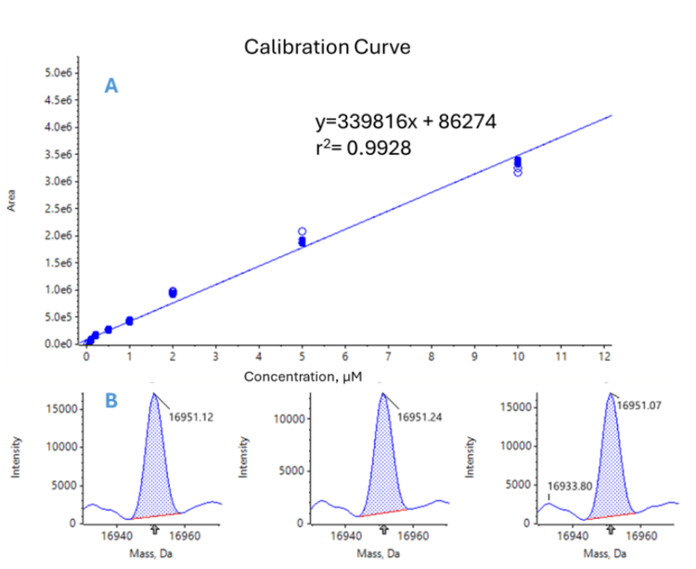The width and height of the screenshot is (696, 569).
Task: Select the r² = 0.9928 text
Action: tap(363, 147)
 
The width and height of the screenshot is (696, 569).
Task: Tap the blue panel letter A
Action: tap(110, 86)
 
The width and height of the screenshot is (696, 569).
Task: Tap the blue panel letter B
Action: tap(110, 402)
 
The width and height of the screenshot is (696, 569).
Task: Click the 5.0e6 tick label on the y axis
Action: tap(59, 72)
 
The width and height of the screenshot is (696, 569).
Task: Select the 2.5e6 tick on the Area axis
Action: tap(59, 209)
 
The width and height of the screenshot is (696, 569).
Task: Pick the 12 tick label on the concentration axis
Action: tap(604, 355)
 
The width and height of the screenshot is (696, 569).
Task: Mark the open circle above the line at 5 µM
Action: tap(303, 231)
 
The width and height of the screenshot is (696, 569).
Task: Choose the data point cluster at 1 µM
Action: tap(129, 320)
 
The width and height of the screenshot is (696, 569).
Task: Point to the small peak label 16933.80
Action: tap(568, 485)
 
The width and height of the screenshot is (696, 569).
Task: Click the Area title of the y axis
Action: tap(12, 200)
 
